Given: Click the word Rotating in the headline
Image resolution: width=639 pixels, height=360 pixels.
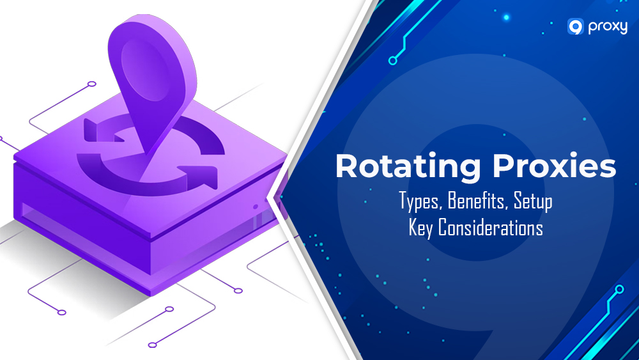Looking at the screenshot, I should tap(403, 167).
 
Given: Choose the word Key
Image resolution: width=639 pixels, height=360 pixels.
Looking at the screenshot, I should tap(421, 228).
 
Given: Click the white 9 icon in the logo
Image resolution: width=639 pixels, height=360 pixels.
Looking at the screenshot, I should tap(575, 26).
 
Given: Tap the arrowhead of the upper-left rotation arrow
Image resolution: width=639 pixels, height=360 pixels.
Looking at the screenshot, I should tap(91, 131).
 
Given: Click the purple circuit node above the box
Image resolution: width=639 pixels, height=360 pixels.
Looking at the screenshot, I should tap(91, 84).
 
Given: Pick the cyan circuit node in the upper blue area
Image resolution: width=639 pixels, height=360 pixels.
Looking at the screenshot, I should tap(392, 61).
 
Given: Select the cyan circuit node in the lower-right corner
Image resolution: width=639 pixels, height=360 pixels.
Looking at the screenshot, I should tap(619, 289).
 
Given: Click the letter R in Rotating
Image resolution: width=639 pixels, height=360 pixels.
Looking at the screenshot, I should tap(347, 167).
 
